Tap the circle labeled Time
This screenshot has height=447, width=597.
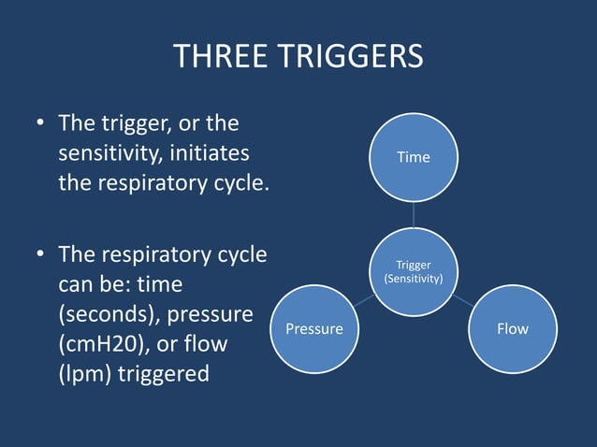click(x=413, y=157)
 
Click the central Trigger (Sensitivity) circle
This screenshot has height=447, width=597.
click(x=414, y=272)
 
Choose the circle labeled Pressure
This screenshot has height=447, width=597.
click(x=313, y=328)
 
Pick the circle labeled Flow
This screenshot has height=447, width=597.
click(x=512, y=328)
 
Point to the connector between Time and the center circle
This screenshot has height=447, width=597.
click(x=414, y=214)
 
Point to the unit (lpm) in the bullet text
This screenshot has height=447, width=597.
click(x=81, y=374)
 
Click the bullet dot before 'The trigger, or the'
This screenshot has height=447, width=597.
click(x=40, y=123)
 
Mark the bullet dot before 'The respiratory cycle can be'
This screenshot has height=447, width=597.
click(x=40, y=254)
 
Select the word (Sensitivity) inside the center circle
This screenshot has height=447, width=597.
click(x=414, y=280)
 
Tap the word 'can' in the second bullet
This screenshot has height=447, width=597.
click(x=79, y=283)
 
